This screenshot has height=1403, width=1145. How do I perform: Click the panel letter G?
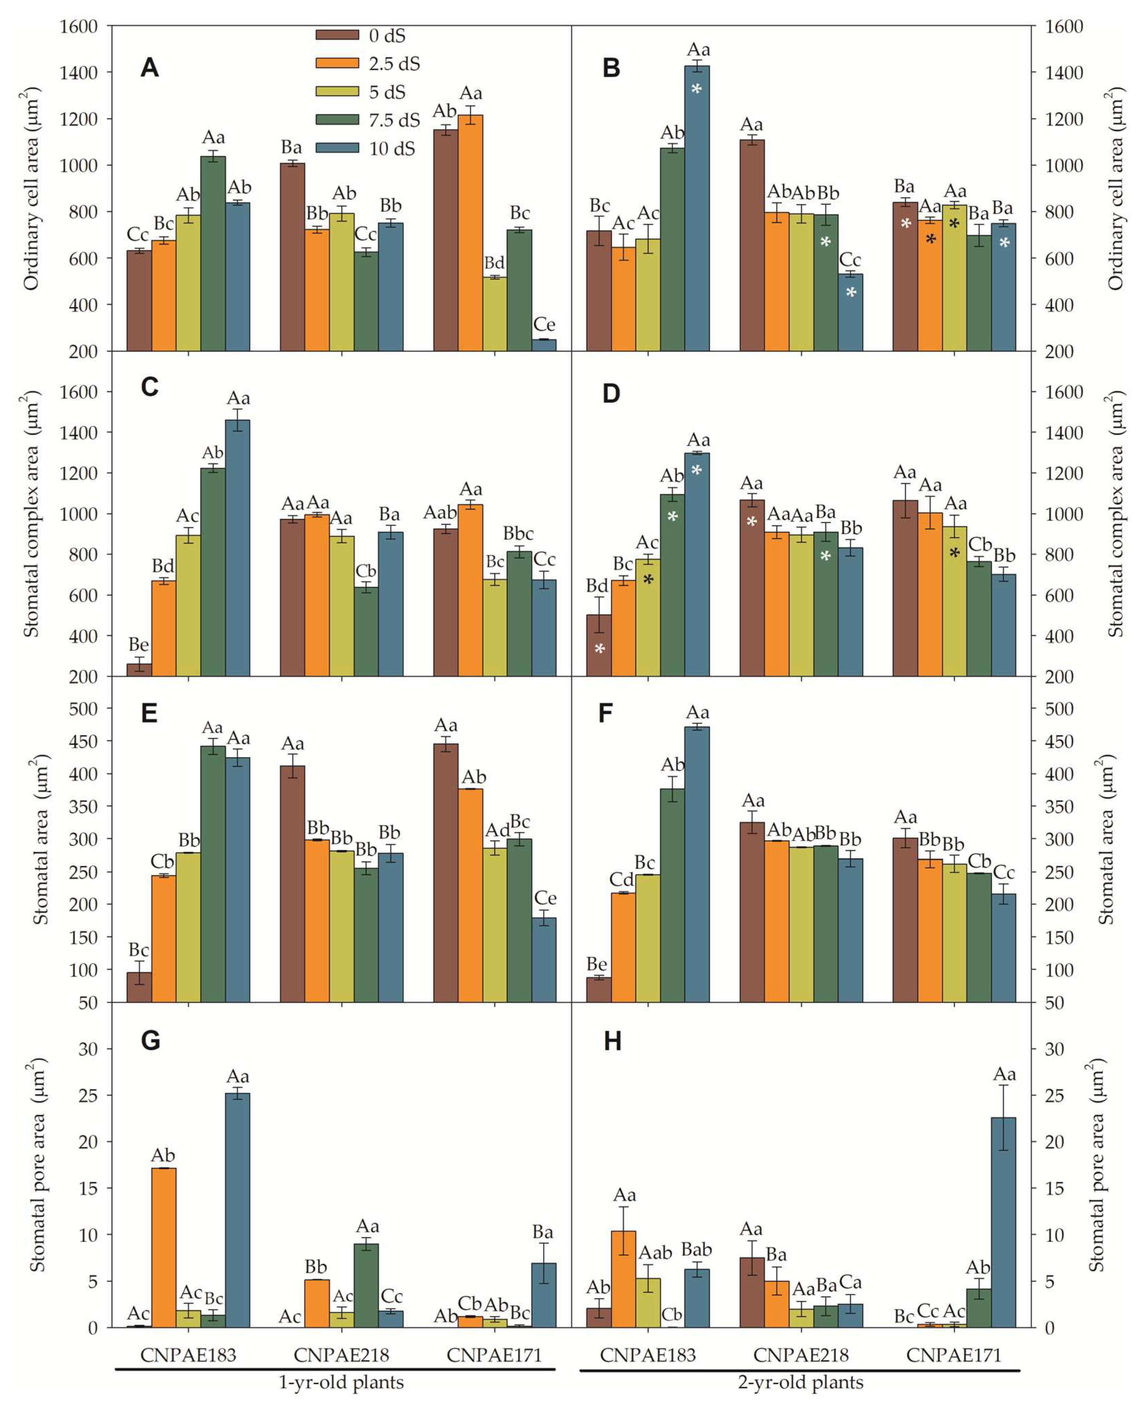coord(150,1040)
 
